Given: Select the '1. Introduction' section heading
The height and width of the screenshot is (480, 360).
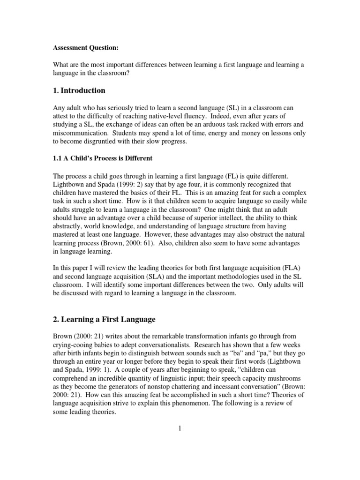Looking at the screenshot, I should point(78,90).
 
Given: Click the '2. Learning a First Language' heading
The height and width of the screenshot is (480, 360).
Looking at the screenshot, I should point(104,319).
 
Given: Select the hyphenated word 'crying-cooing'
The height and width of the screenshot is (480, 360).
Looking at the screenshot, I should point(72,345).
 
